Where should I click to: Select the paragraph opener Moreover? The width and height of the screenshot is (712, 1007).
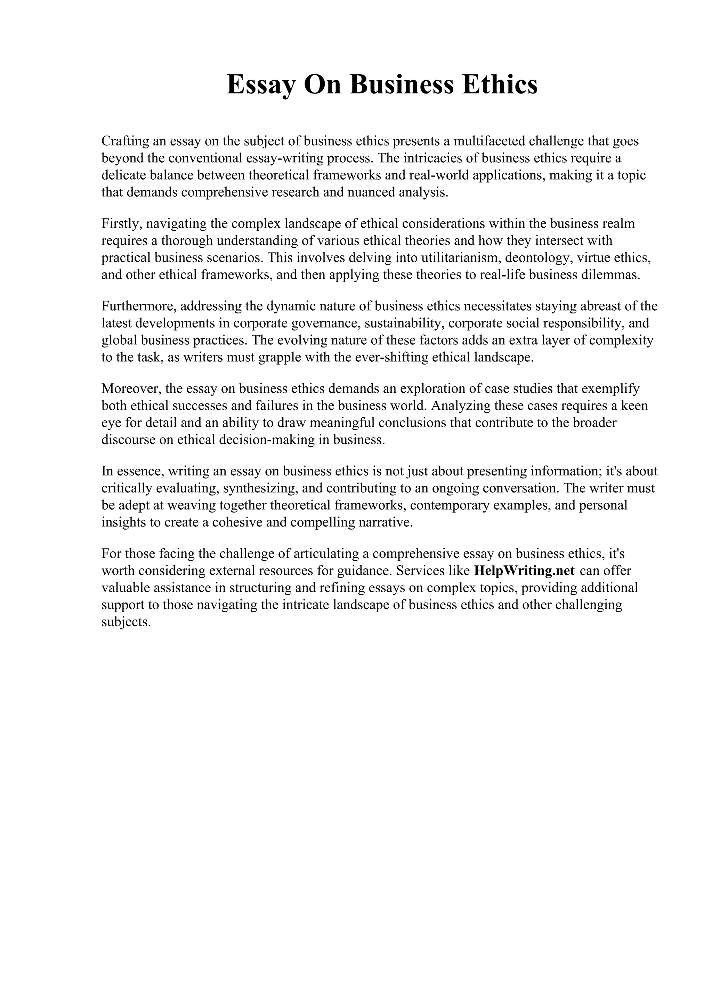131,388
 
